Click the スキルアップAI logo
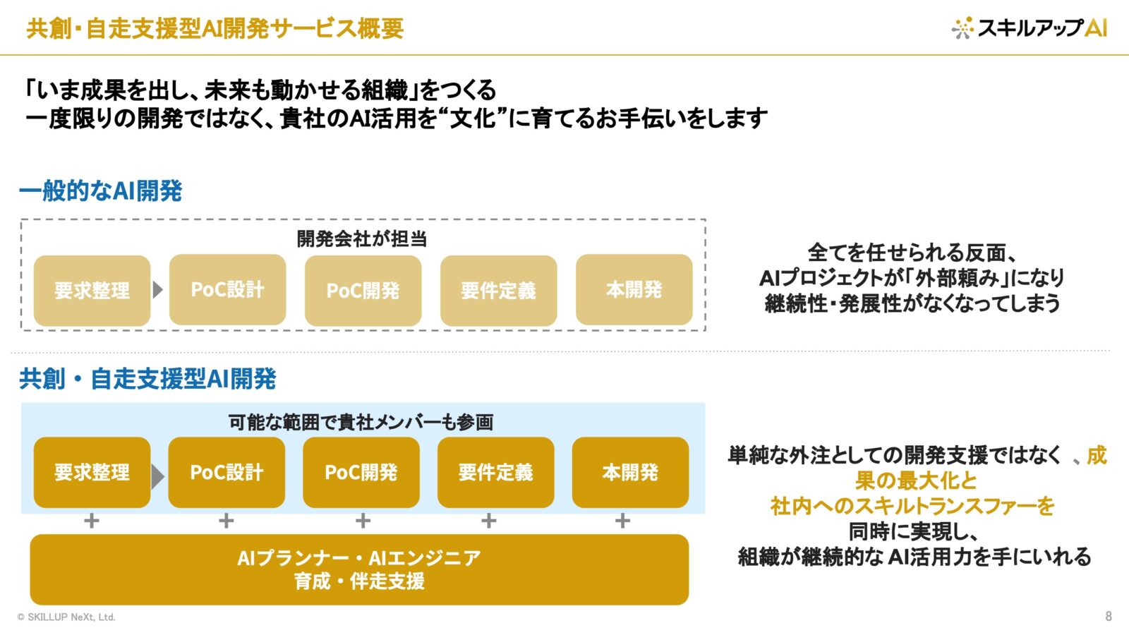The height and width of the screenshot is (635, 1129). [1029, 28]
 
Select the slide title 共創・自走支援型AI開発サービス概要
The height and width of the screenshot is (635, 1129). [215, 28]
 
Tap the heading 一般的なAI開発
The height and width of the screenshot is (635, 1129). [100, 190]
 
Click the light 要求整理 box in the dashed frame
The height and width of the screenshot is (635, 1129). [92, 290]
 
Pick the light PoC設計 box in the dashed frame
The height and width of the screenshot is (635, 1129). [228, 290]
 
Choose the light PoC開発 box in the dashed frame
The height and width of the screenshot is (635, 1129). [363, 290]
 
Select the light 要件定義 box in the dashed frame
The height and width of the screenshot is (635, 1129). [498, 290]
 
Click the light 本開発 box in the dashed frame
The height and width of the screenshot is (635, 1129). [634, 290]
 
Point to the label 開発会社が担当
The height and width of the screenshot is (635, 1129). [362, 239]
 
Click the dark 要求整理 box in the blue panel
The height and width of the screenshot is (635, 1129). [92, 472]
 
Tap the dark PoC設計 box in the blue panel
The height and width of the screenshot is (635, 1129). [227, 472]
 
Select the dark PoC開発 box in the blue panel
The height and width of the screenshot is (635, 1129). [361, 472]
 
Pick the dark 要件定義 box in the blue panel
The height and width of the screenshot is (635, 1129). [496, 472]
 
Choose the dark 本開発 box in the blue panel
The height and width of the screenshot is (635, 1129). [631, 472]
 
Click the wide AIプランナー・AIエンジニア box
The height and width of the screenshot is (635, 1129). [359, 569]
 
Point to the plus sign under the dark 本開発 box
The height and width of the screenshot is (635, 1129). [622, 520]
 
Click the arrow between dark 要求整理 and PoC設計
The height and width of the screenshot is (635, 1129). [158, 476]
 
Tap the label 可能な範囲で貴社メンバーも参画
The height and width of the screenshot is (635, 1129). [361, 422]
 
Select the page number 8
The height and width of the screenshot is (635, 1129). [1109, 616]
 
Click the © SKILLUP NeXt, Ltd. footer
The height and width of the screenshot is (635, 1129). [66, 617]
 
